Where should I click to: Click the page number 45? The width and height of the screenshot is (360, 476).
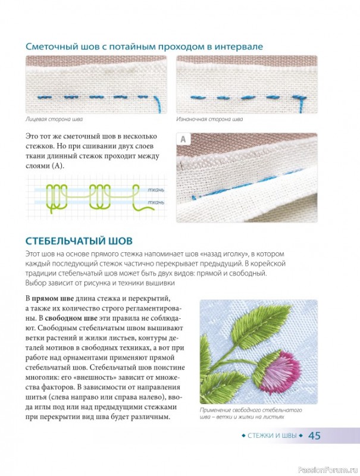point(314,436)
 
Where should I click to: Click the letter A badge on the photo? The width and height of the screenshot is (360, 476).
point(183,139)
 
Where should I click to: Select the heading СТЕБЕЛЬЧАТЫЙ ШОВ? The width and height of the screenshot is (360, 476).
point(79,241)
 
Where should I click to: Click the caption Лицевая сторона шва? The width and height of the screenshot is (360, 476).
point(54,119)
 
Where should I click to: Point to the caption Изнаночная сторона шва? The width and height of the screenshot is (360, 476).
point(209,119)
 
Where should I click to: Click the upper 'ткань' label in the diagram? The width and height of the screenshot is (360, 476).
point(156,190)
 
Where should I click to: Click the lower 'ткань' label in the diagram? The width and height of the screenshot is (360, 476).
point(156,202)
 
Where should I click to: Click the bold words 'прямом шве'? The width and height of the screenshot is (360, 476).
point(53,299)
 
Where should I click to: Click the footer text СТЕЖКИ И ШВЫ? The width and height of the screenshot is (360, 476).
point(272,436)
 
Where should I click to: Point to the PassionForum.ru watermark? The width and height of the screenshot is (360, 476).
point(328,470)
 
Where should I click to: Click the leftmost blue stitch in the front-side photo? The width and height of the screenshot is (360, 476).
point(45,97)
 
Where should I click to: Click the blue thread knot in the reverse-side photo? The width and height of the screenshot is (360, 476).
point(299,98)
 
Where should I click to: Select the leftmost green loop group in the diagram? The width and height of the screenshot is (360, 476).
point(57,198)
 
